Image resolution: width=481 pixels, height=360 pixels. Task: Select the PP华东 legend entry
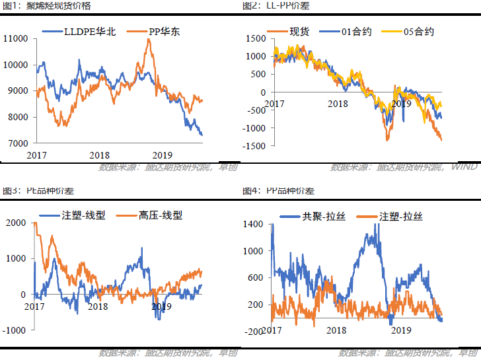click(159, 32)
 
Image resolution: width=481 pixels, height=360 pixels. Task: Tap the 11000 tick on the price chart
click(15, 38)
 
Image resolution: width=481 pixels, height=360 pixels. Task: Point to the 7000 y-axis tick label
click(17, 143)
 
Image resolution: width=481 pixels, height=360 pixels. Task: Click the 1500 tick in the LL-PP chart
click(256, 38)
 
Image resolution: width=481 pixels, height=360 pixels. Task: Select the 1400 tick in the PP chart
click(254, 225)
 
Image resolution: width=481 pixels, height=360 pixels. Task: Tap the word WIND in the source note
click(465, 166)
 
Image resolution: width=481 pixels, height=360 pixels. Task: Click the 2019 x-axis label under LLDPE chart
click(163, 155)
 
